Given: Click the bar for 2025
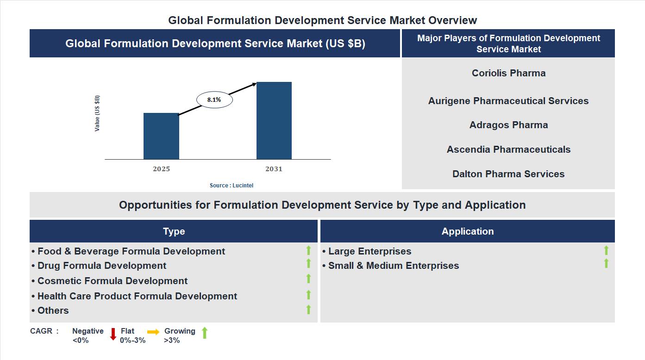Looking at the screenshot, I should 161,136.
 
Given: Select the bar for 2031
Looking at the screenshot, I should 274,121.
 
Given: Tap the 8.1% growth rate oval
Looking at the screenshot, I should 214,99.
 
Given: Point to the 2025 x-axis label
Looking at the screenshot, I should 161,169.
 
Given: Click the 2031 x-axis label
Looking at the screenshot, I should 274,169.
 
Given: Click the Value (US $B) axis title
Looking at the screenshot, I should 97,113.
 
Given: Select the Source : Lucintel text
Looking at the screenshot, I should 232,186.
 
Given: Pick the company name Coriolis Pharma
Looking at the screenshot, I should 508,73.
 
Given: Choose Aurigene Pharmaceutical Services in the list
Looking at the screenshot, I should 508,101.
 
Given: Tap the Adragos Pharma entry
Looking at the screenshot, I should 508,125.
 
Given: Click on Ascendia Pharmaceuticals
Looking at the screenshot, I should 508,149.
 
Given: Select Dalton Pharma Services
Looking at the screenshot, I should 508,174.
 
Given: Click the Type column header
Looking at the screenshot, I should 174,231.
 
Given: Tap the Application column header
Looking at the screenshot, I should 467,231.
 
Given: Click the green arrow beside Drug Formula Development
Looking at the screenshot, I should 308,263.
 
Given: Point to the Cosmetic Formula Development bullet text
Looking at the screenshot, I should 113,281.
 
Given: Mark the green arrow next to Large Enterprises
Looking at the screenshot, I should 606,250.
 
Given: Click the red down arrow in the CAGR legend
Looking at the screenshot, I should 113,334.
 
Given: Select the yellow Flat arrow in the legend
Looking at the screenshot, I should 153,332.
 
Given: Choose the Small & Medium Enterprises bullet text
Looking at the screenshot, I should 393,266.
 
